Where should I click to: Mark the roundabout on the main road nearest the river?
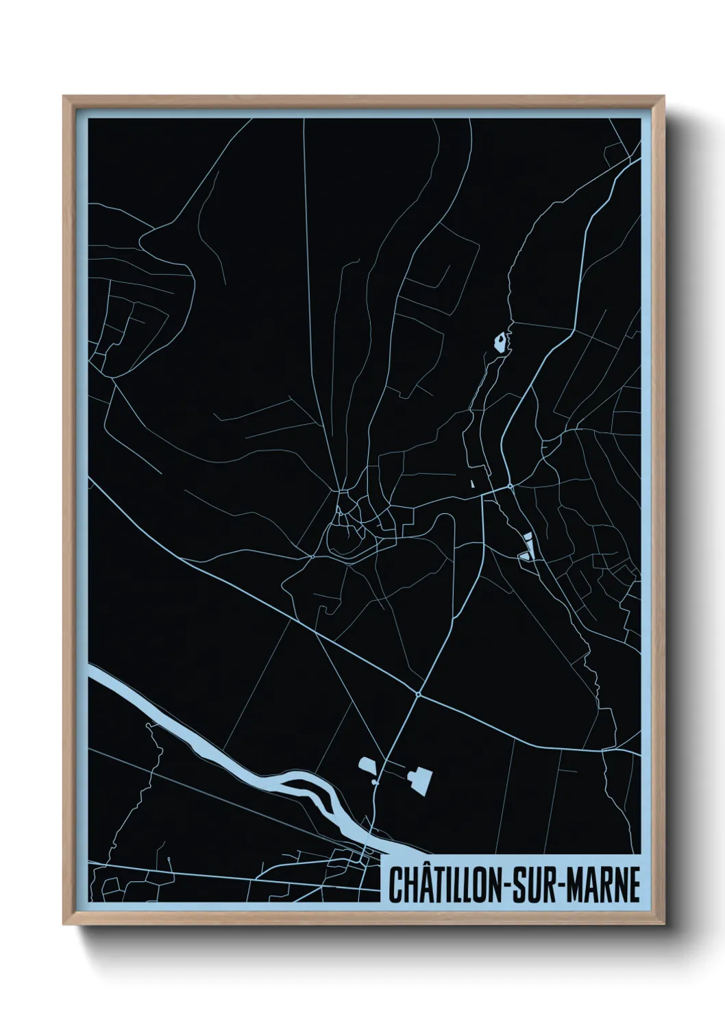pyautogui.click(x=417, y=695)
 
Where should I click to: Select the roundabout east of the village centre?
pyautogui.click(x=511, y=486)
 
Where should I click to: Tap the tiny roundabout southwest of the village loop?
pyautogui.click(x=313, y=556)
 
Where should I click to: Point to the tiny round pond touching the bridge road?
pyautogui.click(x=375, y=781)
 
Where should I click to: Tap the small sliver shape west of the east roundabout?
pyautogui.click(x=472, y=482)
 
